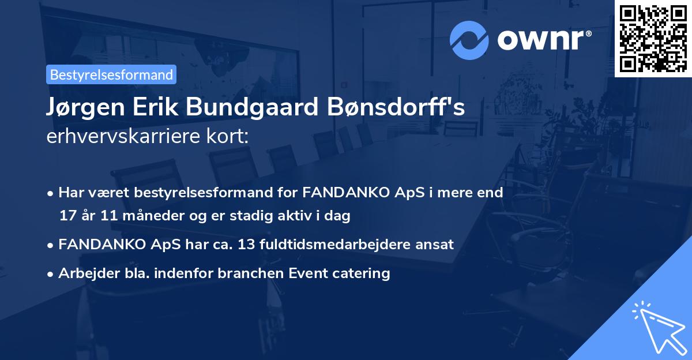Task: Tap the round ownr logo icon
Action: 469,40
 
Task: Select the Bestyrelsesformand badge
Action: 111,74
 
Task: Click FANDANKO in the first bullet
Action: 337,192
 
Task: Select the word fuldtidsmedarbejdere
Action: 339,244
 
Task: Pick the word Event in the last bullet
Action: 310,273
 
